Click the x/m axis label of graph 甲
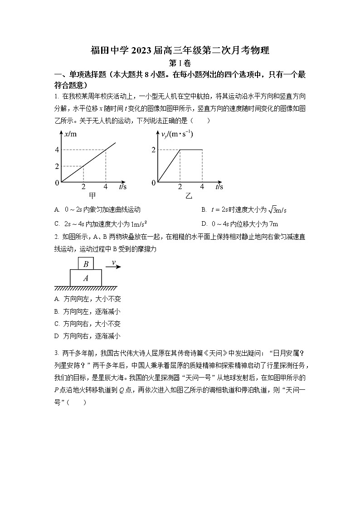71,134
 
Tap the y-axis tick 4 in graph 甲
57,150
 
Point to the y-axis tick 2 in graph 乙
154,150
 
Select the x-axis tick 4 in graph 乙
202,187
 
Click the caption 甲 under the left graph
92,196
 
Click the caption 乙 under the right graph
189,196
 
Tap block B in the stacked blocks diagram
86,264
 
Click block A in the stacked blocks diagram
86,278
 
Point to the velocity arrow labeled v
113,266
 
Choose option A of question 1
97,210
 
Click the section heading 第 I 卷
180,63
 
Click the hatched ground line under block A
86,288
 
